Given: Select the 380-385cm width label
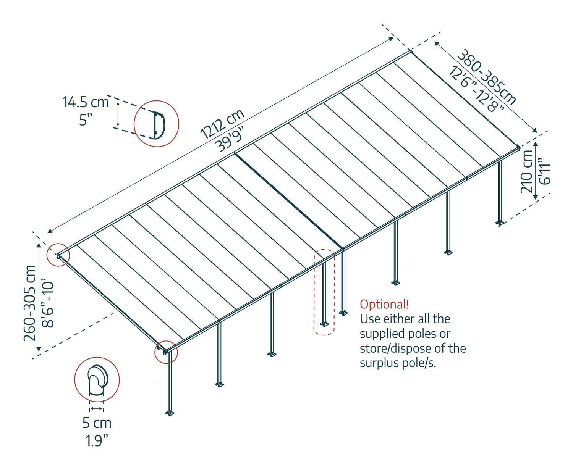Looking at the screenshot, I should click(x=487, y=77).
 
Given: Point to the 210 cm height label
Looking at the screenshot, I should click(x=527, y=171).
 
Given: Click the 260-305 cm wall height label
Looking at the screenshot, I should click(x=30, y=303).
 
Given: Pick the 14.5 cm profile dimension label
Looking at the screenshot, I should click(x=86, y=102).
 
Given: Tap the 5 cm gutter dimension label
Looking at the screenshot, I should click(x=97, y=423).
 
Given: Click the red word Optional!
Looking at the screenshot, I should click(x=384, y=304).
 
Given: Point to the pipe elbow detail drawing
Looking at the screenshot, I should click(x=97, y=380).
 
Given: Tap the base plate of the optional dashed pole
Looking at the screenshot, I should click(x=324, y=324).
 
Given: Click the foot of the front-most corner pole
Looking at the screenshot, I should click(x=170, y=413).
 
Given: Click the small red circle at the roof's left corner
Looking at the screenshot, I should click(x=58, y=255).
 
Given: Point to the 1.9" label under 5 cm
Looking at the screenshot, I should click(x=97, y=441).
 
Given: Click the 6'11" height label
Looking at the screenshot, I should click(x=544, y=171).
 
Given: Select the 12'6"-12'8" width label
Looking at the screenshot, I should click(x=476, y=89).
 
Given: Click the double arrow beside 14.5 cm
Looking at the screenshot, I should click(x=118, y=114).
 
